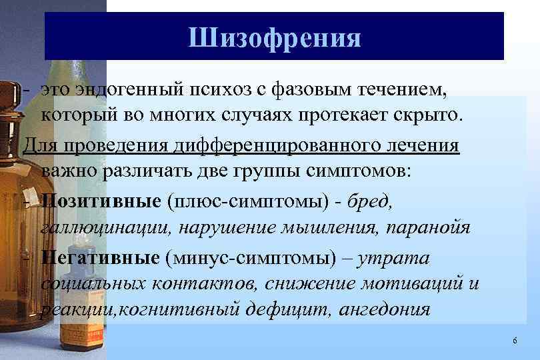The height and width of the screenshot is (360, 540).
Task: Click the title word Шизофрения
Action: (x=274, y=37)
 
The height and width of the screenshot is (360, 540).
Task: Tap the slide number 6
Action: (x=515, y=341)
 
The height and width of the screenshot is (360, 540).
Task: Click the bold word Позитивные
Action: (x=100, y=200)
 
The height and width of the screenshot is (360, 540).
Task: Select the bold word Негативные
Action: (x=100, y=257)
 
